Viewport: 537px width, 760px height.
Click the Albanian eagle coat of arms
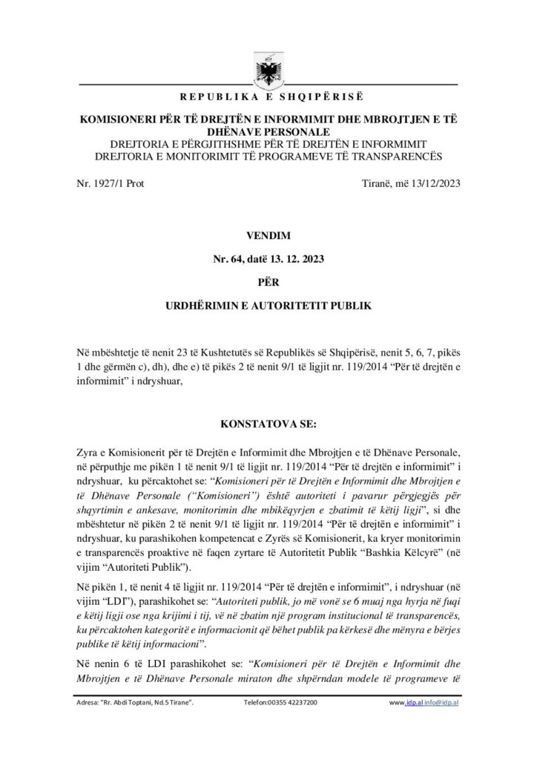pyautogui.click(x=268, y=71)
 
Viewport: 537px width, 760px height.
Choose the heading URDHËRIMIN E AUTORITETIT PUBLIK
pyautogui.click(x=268, y=305)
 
